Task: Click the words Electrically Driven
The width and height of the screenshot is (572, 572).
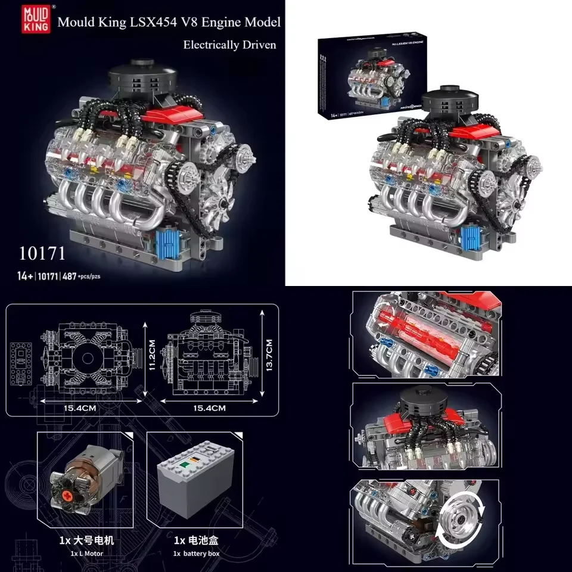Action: pos(229,45)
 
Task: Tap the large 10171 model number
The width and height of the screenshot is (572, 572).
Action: pos(41,253)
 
